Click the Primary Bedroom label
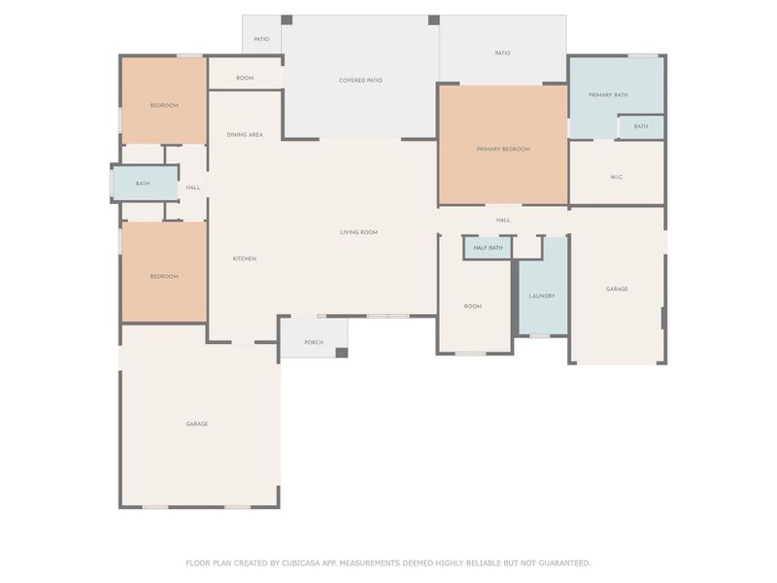click(503, 150)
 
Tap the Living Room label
click(358, 232)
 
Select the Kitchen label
click(245, 258)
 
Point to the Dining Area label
click(245, 135)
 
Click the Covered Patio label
click(360, 81)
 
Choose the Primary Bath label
click(608, 94)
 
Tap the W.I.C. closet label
click(617, 177)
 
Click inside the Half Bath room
click(489, 248)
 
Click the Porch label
click(314, 343)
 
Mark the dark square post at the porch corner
click(342, 353)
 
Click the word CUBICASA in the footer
click(301, 564)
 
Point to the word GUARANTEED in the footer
click(564, 564)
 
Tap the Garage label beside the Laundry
click(617, 289)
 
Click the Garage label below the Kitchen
click(197, 424)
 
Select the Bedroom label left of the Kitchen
click(164, 277)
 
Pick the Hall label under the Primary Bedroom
click(503, 221)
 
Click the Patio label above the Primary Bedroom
click(502, 53)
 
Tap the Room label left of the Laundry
click(473, 306)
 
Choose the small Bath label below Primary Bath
click(641, 126)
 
